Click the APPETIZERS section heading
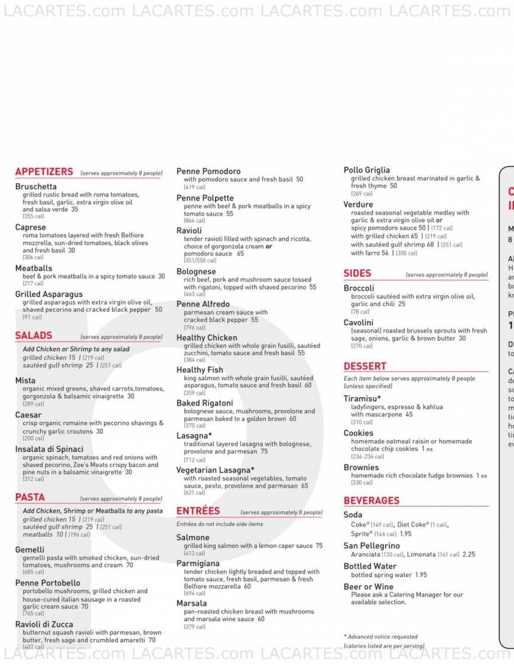click(44, 172)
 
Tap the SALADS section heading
click(34, 335)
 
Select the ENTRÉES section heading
click(198, 511)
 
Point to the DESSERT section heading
click(365, 366)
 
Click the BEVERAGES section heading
click(372, 501)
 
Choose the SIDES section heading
click(357, 273)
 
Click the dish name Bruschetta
click(36, 187)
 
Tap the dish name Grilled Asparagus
click(49, 294)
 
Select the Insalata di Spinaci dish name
click(50, 449)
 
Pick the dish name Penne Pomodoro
click(209, 171)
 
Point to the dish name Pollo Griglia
click(367, 170)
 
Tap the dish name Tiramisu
click(362, 398)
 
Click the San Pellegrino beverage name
click(372, 546)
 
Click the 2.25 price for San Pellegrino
click(469, 554)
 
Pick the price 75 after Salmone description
click(319, 546)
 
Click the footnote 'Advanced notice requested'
click(380, 637)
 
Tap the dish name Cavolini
click(359, 322)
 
